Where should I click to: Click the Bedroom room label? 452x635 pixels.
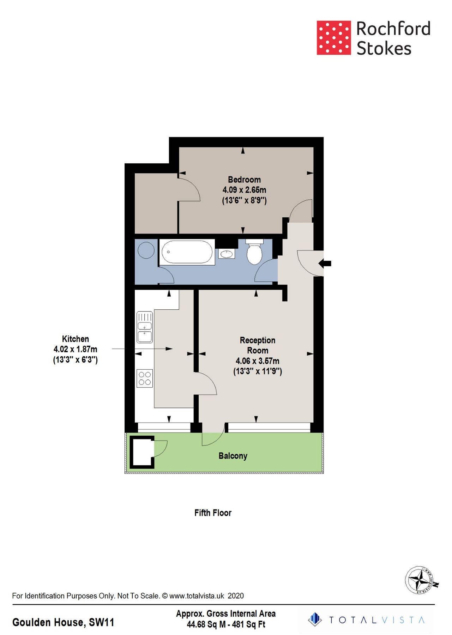click(x=244, y=180)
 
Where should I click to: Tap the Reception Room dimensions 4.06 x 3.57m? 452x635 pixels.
click(x=257, y=361)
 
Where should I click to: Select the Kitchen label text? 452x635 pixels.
click(x=75, y=339)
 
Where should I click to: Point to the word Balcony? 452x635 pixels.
click(x=233, y=456)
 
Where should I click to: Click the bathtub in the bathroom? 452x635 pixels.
click(x=187, y=252)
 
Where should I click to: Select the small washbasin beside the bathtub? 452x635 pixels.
click(x=227, y=253)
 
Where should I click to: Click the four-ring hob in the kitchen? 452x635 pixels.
click(x=145, y=378)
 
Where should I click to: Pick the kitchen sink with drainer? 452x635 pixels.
click(x=145, y=327)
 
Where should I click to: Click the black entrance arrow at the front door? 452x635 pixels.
click(x=325, y=263)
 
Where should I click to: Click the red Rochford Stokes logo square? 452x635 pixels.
click(x=333, y=38)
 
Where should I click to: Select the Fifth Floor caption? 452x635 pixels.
click(x=213, y=513)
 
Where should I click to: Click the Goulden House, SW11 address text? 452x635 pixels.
click(x=63, y=622)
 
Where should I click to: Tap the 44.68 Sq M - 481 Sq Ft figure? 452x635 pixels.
click(x=226, y=624)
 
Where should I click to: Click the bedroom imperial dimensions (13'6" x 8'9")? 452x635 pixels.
click(x=244, y=201)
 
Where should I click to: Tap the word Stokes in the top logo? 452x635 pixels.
click(x=384, y=48)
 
